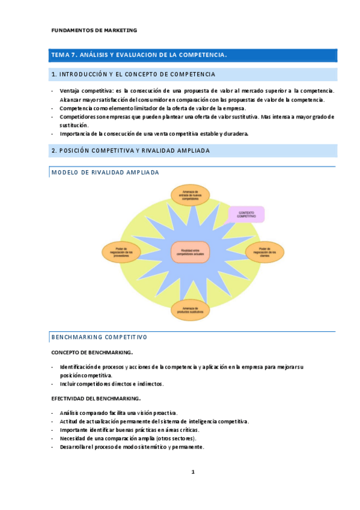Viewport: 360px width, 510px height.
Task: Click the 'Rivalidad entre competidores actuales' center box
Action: [x=190, y=251]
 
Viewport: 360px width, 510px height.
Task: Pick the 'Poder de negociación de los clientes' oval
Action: [x=265, y=251]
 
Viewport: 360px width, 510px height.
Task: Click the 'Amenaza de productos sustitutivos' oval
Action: [x=191, y=310]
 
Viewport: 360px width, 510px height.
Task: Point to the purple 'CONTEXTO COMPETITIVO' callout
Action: [x=247, y=215]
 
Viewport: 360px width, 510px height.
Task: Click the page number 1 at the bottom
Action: [x=192, y=472]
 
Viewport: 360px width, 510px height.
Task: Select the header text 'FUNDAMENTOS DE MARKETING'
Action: [x=94, y=29]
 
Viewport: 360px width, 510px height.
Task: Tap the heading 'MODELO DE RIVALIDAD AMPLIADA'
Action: [x=106, y=172]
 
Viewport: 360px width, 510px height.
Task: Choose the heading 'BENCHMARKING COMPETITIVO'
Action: [x=100, y=337]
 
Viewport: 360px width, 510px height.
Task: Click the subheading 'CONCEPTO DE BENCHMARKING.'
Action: [x=92, y=352]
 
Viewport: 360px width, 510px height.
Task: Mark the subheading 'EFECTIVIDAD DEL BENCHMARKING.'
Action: [x=96, y=398]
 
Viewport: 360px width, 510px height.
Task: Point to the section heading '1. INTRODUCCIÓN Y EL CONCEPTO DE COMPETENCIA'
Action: [x=133, y=75]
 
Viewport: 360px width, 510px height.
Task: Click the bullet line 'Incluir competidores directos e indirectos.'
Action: [x=112, y=384]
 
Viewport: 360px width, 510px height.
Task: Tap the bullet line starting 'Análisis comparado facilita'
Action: [x=118, y=413]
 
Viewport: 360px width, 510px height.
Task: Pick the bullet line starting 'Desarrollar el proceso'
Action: [x=132, y=447]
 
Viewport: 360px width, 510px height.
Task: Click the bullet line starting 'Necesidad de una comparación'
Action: [x=128, y=438]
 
